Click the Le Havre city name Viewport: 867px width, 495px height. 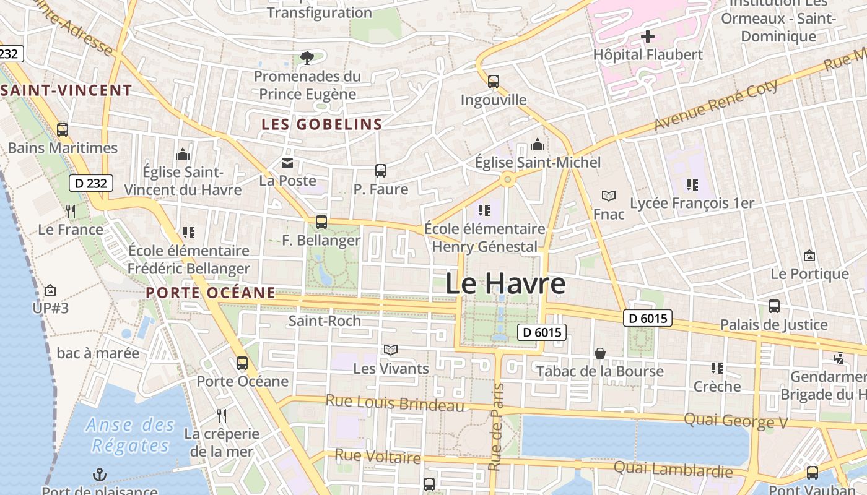505,284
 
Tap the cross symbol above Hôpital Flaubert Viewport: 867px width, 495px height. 648,37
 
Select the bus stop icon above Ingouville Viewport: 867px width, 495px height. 494,82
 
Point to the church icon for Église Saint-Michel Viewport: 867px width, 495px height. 538,145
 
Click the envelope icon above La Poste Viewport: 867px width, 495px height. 287,163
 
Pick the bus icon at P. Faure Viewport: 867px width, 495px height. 381,171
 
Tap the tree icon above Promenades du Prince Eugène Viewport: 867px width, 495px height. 307,58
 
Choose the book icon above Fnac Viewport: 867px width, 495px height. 609,196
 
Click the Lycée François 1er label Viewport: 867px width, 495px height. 692,203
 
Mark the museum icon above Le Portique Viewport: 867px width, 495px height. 809,256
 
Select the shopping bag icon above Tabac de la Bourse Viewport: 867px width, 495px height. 600,353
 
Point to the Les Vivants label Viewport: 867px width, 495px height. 391,369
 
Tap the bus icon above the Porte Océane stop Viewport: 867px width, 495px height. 242,363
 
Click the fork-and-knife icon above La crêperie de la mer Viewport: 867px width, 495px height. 221,415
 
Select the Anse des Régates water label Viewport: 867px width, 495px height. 130,435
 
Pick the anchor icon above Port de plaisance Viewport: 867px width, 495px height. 100,475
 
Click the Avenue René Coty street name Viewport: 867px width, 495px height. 716,105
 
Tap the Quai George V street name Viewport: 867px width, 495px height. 735,421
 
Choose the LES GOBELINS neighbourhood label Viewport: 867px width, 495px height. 322,124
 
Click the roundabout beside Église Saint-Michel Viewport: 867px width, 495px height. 508,180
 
